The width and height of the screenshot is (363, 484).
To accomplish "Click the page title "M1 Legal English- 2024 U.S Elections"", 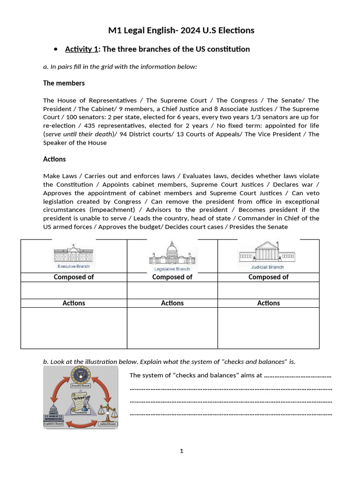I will click(181, 30).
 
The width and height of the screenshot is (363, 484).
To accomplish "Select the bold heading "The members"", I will click(64, 83).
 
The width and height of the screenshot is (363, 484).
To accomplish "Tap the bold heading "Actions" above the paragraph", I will click(54, 159).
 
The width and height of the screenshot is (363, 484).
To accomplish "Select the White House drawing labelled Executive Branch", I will click(74, 256).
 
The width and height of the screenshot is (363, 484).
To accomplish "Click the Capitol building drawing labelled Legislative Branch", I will click(172, 255).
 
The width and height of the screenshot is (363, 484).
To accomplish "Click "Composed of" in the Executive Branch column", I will click(74, 277).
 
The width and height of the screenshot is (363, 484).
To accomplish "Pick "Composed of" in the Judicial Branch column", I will click(268, 277).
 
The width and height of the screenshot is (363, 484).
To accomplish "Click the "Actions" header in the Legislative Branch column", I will click(172, 303).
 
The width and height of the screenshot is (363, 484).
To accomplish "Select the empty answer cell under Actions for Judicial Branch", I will click(268, 328).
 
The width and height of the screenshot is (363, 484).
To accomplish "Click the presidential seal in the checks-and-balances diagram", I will click(80, 376).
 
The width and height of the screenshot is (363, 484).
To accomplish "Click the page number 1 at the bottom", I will click(181, 451).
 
